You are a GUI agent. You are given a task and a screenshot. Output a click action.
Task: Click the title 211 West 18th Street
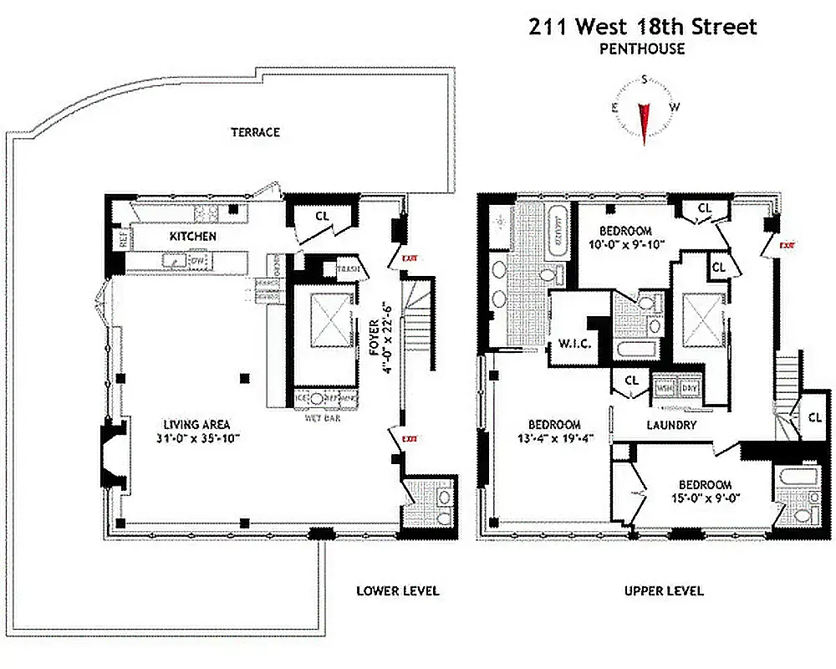642,26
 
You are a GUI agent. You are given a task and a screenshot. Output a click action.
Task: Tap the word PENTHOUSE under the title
642,49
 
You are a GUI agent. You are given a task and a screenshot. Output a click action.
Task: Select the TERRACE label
255,132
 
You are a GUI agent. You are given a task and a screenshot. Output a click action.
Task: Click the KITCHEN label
192,237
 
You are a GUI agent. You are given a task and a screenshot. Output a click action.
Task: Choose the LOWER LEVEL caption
397,590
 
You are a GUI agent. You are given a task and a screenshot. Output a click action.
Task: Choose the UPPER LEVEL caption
664,590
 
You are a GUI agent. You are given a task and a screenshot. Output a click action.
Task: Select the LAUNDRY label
670,425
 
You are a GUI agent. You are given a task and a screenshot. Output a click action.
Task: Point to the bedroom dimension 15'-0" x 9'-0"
704,498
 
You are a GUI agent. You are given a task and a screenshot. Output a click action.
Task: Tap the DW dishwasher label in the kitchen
198,262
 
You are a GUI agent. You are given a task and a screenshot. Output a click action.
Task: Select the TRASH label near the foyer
347,268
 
